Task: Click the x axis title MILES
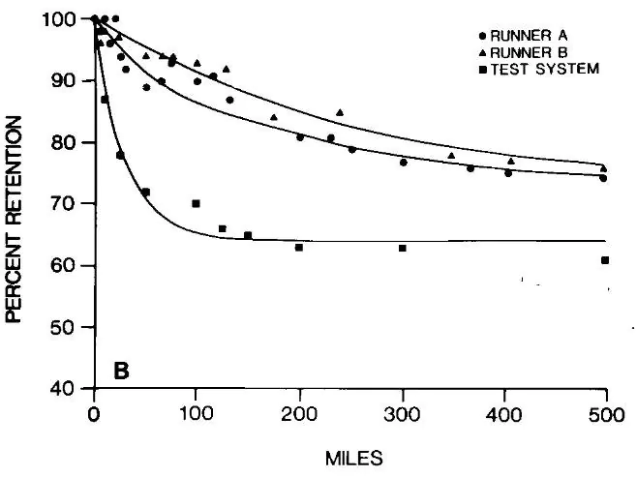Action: pyautogui.click(x=351, y=451)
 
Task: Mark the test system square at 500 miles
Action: pyautogui.click(x=604, y=259)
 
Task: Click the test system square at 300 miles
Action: pyautogui.click(x=402, y=248)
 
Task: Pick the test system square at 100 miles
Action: pyautogui.click(x=196, y=203)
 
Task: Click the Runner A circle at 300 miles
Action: pyautogui.click(x=403, y=162)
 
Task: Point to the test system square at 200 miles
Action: pyautogui.click(x=299, y=248)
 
